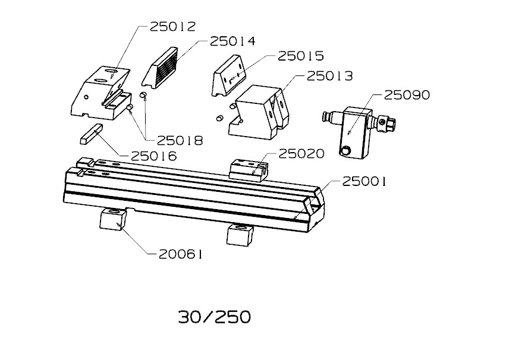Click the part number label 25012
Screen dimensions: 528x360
(x=173, y=27)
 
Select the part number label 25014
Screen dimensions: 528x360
(x=232, y=42)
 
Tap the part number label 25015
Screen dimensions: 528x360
(x=301, y=56)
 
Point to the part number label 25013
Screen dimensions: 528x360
(x=329, y=76)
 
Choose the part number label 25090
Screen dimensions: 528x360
(x=407, y=95)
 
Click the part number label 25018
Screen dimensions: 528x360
(x=180, y=141)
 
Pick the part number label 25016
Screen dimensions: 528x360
(x=154, y=156)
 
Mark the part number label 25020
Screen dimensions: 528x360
(x=301, y=154)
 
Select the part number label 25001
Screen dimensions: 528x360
(x=364, y=182)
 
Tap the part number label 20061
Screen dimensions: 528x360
(x=181, y=254)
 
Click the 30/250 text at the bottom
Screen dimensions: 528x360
(x=215, y=317)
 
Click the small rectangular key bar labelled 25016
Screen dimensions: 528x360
(x=91, y=134)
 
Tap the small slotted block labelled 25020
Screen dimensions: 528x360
(x=249, y=171)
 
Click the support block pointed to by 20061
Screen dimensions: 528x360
(x=113, y=219)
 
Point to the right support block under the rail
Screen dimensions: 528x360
(x=240, y=235)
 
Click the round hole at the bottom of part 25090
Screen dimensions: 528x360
(x=345, y=151)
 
